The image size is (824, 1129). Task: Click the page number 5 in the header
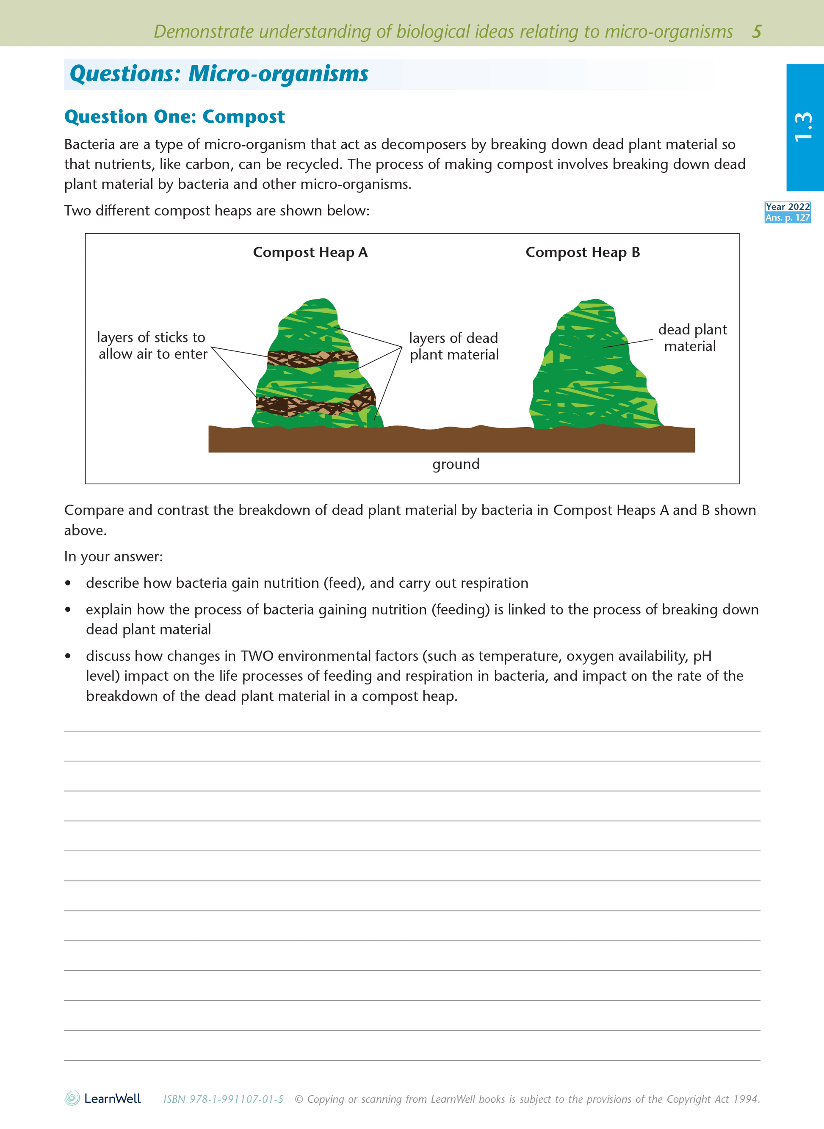click(x=756, y=31)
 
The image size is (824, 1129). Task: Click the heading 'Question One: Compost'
click(x=174, y=117)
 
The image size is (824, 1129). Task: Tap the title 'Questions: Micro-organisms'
click(x=218, y=74)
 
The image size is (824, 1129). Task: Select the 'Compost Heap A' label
click(x=310, y=252)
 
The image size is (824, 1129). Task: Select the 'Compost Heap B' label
click(x=582, y=252)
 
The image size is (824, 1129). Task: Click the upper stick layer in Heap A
click(x=312, y=359)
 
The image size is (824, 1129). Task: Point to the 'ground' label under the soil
click(x=455, y=464)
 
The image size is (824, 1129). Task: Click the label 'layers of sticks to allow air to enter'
click(x=152, y=345)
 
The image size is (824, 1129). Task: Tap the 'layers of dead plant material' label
click(x=453, y=346)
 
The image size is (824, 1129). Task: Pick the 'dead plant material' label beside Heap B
click(x=692, y=338)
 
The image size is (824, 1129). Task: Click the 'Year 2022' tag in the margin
click(x=787, y=207)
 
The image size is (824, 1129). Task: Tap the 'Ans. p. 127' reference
click(x=787, y=218)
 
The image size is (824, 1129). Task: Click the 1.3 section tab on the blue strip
click(x=804, y=127)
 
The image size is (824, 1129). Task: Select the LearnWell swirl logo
click(x=72, y=1098)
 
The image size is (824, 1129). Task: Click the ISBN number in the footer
click(x=224, y=1099)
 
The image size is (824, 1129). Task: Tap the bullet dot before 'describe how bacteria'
click(x=68, y=583)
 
